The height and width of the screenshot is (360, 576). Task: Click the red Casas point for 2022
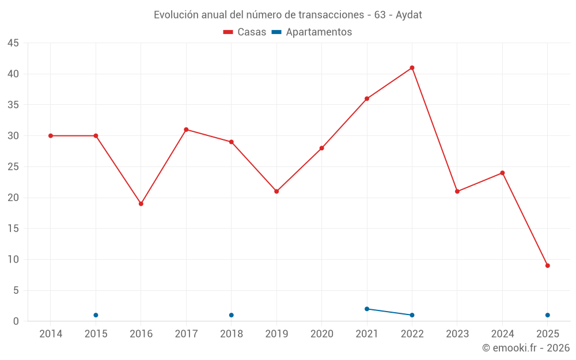tap(412, 68)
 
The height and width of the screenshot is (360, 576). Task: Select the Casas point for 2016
tap(141, 204)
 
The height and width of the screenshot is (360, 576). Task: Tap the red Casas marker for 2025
tap(547, 266)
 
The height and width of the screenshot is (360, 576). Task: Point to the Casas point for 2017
tap(186, 130)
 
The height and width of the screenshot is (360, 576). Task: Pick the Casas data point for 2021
tap(367, 98)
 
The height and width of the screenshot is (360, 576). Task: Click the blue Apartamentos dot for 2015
tap(96, 315)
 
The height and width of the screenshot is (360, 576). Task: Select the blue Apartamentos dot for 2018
tap(231, 315)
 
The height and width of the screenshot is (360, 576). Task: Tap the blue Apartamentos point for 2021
tap(367, 309)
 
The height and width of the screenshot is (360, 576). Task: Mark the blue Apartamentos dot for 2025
tap(547, 315)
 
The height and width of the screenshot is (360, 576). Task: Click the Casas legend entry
tap(245, 32)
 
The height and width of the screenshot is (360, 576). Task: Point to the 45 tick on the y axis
tap(13, 43)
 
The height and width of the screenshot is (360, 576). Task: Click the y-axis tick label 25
tap(13, 167)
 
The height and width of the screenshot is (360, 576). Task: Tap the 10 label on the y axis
tap(13, 260)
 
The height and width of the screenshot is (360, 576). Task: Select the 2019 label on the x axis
tap(276, 334)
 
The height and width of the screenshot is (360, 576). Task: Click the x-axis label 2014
tap(51, 334)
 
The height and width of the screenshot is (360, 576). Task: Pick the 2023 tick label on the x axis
tap(457, 334)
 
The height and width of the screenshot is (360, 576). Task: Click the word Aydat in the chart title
tap(409, 15)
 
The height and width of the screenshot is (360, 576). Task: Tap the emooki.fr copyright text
tap(525, 348)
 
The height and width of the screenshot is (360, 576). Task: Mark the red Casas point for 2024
tap(502, 173)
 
